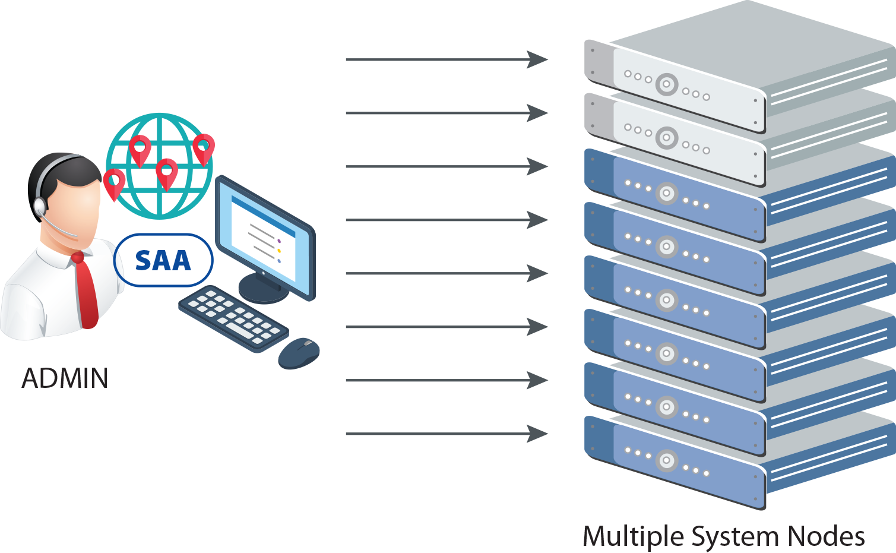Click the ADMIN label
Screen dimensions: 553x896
[x=65, y=378]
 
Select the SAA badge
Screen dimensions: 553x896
[x=163, y=260]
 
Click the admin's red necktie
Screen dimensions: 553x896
[x=86, y=291]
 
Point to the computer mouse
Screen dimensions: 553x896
[x=299, y=352]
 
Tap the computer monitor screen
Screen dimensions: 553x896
[x=265, y=238]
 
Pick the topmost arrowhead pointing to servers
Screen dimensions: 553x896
[x=537, y=59]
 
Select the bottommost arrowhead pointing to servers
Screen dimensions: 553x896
[x=537, y=434]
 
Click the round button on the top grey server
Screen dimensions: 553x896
[x=667, y=84]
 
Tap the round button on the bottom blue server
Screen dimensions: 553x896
[x=667, y=460]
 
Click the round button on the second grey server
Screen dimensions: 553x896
[x=667, y=138]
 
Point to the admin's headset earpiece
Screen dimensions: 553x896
[x=40, y=206]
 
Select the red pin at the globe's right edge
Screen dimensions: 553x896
[x=204, y=148]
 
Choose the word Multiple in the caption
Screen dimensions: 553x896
[x=633, y=536]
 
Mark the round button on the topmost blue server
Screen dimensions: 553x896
[x=667, y=193]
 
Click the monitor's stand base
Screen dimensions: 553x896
[x=264, y=290]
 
